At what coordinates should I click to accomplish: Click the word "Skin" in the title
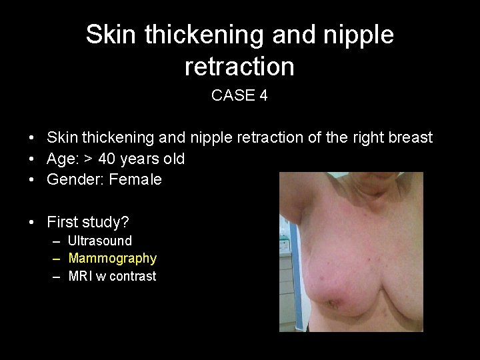111,35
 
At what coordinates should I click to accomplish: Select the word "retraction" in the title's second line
239,66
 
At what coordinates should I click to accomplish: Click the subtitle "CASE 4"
239,95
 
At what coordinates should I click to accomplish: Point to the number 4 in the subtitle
263,95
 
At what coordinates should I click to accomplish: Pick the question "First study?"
88,222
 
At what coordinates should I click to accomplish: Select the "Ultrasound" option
100,241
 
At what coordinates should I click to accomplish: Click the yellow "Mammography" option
113,259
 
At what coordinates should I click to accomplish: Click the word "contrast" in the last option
131,276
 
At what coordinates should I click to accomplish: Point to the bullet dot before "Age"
32,159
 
